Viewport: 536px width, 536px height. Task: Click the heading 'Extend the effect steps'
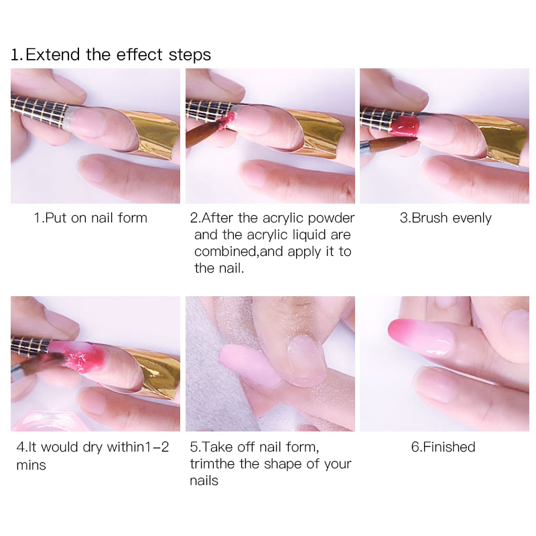[x=119, y=55]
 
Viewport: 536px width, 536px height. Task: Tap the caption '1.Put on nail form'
[x=90, y=218]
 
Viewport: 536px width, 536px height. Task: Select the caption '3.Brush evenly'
[x=446, y=218]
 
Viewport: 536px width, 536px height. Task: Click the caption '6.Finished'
[x=443, y=447]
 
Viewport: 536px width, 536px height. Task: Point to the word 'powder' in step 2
[x=331, y=218]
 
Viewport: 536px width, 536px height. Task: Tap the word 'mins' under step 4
[x=31, y=465]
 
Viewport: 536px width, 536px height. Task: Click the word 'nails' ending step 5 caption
[x=204, y=480]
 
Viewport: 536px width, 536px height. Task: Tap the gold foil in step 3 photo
[x=503, y=137]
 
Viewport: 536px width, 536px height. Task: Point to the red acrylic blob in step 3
[x=405, y=125]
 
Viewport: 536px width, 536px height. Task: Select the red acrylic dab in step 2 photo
[x=226, y=121]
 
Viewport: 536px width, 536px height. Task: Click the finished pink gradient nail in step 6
[x=421, y=337]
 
